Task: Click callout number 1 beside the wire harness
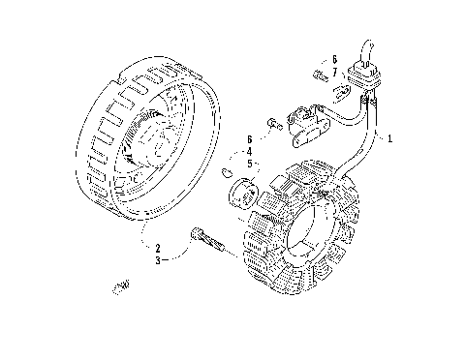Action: point(389,139)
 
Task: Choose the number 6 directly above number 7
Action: point(334,59)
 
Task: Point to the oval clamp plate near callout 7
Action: point(341,93)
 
